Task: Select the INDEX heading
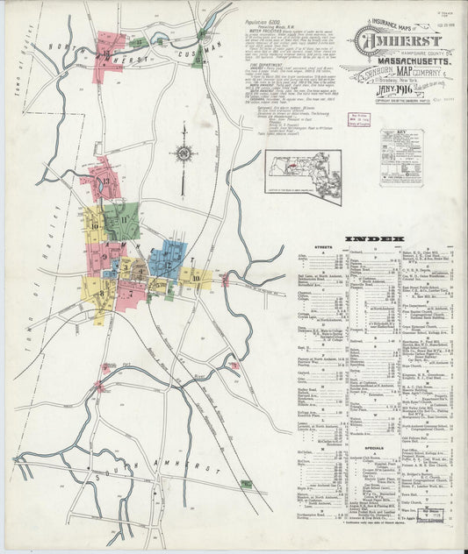click(x=374, y=238)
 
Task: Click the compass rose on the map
click(x=184, y=155)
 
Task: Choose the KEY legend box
click(x=401, y=158)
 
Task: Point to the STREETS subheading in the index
click(x=320, y=248)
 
